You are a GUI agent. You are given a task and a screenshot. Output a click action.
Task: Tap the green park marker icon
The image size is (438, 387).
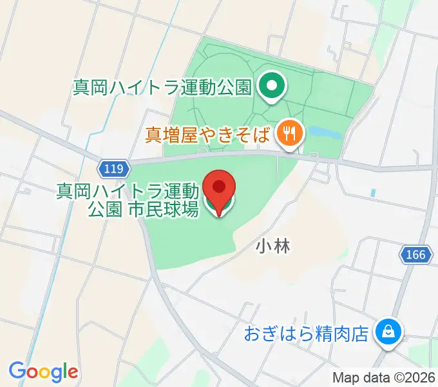[x=272, y=86]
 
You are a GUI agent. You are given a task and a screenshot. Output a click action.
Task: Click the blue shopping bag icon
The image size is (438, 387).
[x=388, y=333]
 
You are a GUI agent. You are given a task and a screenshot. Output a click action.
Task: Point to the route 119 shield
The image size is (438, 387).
[x=112, y=169]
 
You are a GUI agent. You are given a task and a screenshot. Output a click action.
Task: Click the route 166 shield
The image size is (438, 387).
[x=415, y=255]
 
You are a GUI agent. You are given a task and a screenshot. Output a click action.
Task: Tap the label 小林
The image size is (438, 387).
[x=272, y=246]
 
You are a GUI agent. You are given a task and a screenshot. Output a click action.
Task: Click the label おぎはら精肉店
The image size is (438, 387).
[x=306, y=334]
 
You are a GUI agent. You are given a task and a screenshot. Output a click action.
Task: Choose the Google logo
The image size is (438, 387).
[x=43, y=372]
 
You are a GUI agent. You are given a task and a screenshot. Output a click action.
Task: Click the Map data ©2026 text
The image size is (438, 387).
[x=383, y=377]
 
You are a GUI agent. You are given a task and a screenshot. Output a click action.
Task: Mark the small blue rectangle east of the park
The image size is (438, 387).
[x=373, y=193]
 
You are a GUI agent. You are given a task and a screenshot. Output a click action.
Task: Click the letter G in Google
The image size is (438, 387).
[x=17, y=371]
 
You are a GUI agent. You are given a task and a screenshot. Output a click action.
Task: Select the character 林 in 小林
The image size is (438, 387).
[x=281, y=246]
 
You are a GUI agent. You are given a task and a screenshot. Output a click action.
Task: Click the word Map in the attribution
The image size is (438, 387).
[x=345, y=377]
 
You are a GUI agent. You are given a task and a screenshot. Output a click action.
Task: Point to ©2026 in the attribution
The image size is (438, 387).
[x=410, y=377]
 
